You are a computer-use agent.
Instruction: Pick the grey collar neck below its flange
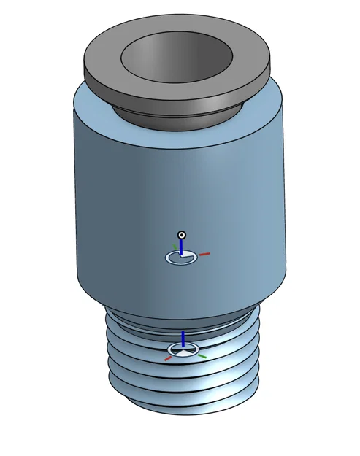pyautogui.click(x=179, y=114)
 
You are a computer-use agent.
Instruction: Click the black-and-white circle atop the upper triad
pyautogui.click(x=183, y=235)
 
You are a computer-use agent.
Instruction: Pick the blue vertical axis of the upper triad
pyautogui.click(x=182, y=247)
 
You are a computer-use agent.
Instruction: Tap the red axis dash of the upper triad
pyautogui.click(x=204, y=254)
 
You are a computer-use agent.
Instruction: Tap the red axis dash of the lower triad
pyautogui.click(x=168, y=358)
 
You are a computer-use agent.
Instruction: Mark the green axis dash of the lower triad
pyautogui.click(x=202, y=356)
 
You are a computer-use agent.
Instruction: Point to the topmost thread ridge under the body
pyautogui.click(x=131, y=326)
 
